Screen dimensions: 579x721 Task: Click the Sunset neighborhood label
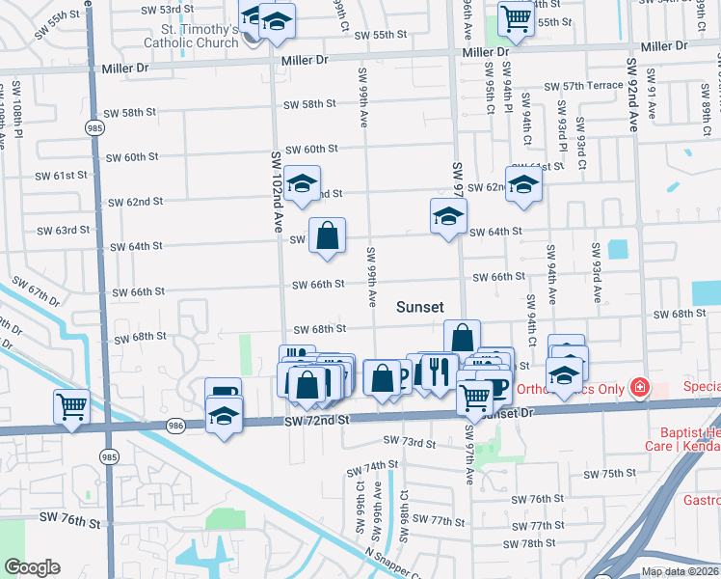click(420, 307)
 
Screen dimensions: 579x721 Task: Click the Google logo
click(32, 567)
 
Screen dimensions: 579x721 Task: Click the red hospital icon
click(638, 388)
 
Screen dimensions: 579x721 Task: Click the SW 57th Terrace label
click(583, 86)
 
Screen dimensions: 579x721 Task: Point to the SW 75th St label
click(610, 474)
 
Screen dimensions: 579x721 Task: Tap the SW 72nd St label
click(315, 422)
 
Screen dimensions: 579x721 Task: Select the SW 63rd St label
click(63, 231)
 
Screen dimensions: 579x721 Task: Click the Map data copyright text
click(681, 571)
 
